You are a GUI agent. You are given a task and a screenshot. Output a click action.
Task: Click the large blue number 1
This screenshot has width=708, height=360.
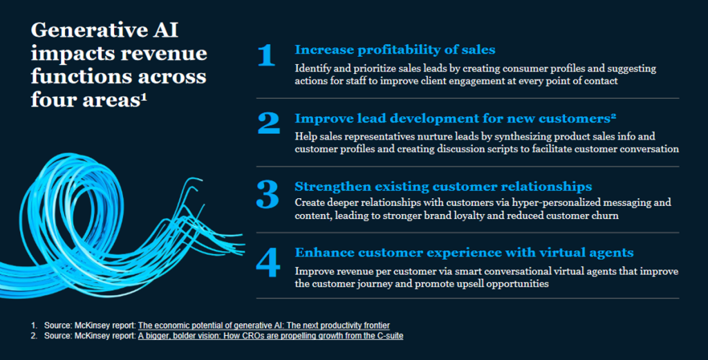[267, 56]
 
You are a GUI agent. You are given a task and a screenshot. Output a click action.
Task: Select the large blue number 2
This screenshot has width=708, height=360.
[269, 123]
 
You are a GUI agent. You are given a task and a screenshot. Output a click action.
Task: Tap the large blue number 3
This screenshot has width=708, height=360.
[268, 194]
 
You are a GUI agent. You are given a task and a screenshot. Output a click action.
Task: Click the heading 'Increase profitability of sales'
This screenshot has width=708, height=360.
[395, 50]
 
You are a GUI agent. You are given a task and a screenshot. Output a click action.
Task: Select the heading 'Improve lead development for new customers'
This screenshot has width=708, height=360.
[452, 118]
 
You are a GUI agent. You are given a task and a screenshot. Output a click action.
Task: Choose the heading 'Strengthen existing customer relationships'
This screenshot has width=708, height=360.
[443, 187]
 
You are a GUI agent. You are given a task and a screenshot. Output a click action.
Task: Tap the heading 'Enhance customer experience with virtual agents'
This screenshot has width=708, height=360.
[464, 253]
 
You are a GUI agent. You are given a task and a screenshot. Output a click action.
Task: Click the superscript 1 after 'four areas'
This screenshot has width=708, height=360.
[144, 96]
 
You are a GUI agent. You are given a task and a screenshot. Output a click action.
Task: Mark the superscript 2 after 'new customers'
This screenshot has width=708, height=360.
[613, 116]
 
